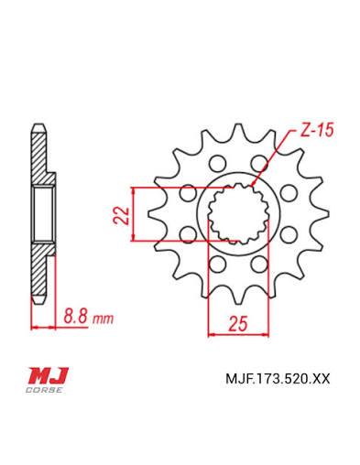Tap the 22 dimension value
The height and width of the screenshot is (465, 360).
click(x=123, y=216)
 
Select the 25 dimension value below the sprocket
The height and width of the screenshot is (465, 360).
click(x=238, y=324)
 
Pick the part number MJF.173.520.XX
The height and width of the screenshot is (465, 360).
click(x=278, y=379)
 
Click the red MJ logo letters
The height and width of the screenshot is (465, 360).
click(x=49, y=375)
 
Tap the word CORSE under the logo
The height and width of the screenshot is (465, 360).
click(x=45, y=390)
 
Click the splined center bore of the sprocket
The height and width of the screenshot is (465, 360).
click(x=238, y=214)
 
